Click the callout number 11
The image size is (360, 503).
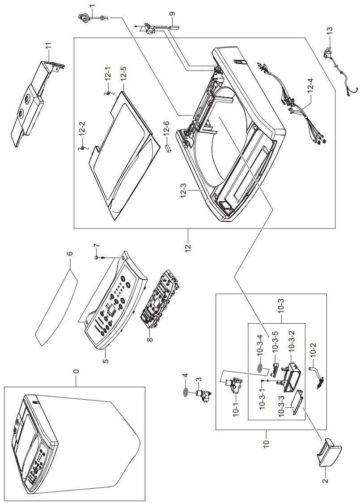[x=48, y=47]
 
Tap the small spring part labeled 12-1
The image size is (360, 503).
[x=108, y=93]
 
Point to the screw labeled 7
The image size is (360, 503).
[x=97, y=258]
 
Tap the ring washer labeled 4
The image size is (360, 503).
[x=184, y=392]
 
